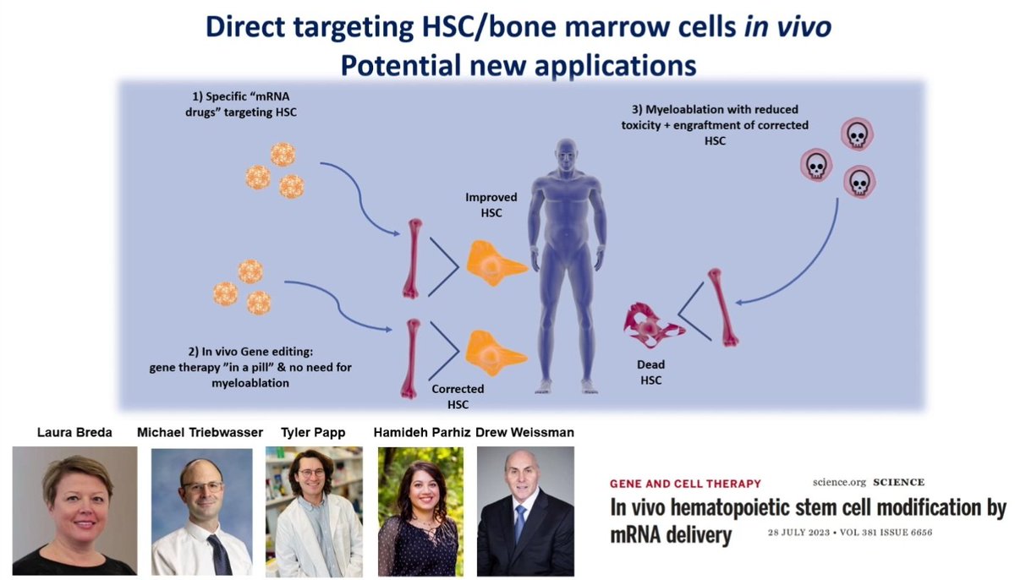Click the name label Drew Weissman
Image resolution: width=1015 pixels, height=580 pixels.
(x=525, y=433)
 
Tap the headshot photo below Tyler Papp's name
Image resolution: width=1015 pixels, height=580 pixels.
(x=314, y=512)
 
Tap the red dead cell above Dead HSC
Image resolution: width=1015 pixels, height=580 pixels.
(x=652, y=323)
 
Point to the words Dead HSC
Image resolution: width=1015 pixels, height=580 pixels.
(x=650, y=372)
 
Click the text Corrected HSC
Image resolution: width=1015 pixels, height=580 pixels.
(x=458, y=397)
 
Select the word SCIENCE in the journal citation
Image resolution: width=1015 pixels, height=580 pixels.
(x=899, y=482)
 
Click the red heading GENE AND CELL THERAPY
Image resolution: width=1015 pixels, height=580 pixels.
(x=685, y=484)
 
